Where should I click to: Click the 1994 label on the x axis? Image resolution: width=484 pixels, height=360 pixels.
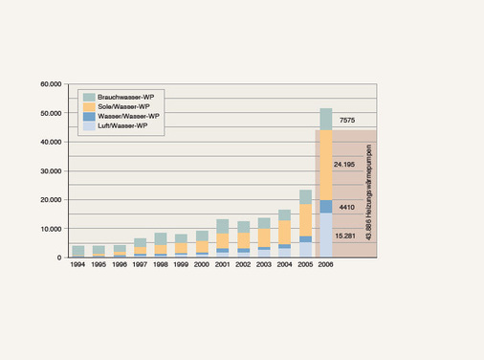click(77, 264)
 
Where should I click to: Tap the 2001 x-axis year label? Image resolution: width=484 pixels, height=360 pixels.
click(223, 264)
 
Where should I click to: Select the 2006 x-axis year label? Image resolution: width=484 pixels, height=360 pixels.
click(326, 264)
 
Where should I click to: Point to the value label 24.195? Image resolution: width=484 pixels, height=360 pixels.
click(346, 165)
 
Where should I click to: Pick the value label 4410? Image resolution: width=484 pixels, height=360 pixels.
click(348, 206)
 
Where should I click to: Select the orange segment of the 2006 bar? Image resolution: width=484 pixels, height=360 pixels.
click(326, 165)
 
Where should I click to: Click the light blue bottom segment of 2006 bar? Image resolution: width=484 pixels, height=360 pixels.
click(326, 236)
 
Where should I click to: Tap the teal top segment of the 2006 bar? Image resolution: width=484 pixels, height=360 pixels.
click(326, 119)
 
